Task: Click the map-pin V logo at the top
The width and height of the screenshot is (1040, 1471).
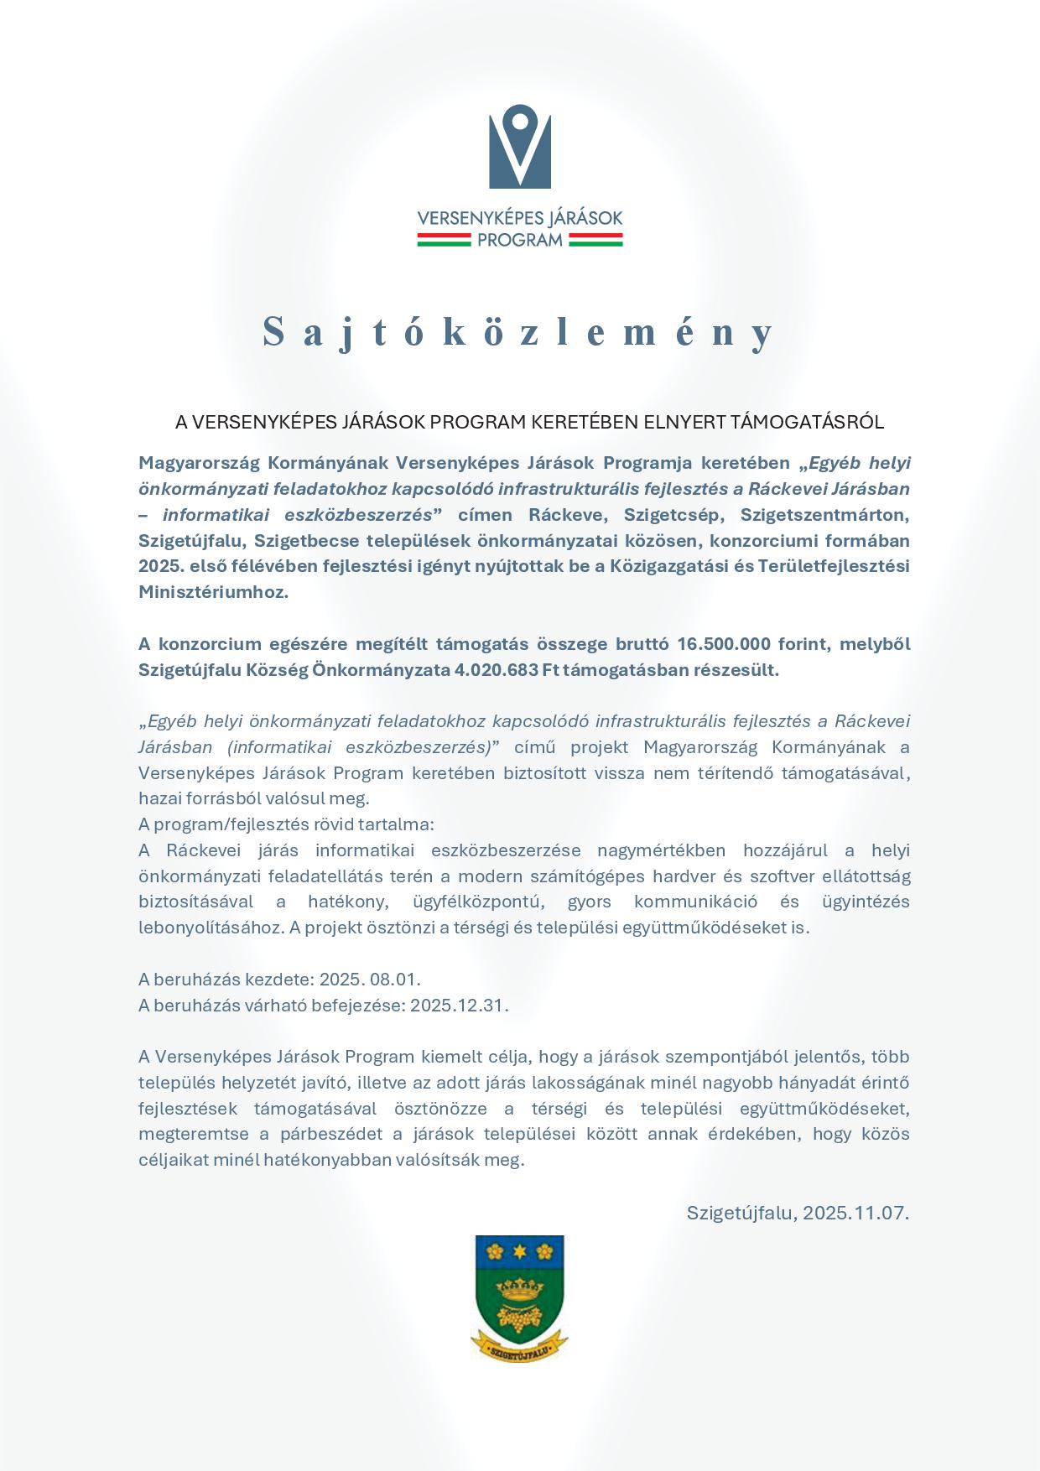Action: point(520,146)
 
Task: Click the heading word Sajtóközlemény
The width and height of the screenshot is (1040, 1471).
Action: point(519,332)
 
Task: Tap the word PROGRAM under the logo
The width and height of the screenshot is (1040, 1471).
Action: point(520,241)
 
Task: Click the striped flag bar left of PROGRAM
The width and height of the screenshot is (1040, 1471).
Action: point(444,241)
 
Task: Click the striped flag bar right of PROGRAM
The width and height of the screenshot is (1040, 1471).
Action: point(595,241)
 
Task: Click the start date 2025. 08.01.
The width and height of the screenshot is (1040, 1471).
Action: point(370,980)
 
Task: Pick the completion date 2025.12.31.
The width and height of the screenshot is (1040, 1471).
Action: point(459,1006)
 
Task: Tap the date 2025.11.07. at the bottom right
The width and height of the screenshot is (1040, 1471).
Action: point(856,1213)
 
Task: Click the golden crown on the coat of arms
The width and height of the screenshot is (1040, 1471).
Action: point(519,1288)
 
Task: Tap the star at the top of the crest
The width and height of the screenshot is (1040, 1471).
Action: point(520,1251)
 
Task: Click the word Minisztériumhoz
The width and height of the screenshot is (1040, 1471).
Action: point(213,592)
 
